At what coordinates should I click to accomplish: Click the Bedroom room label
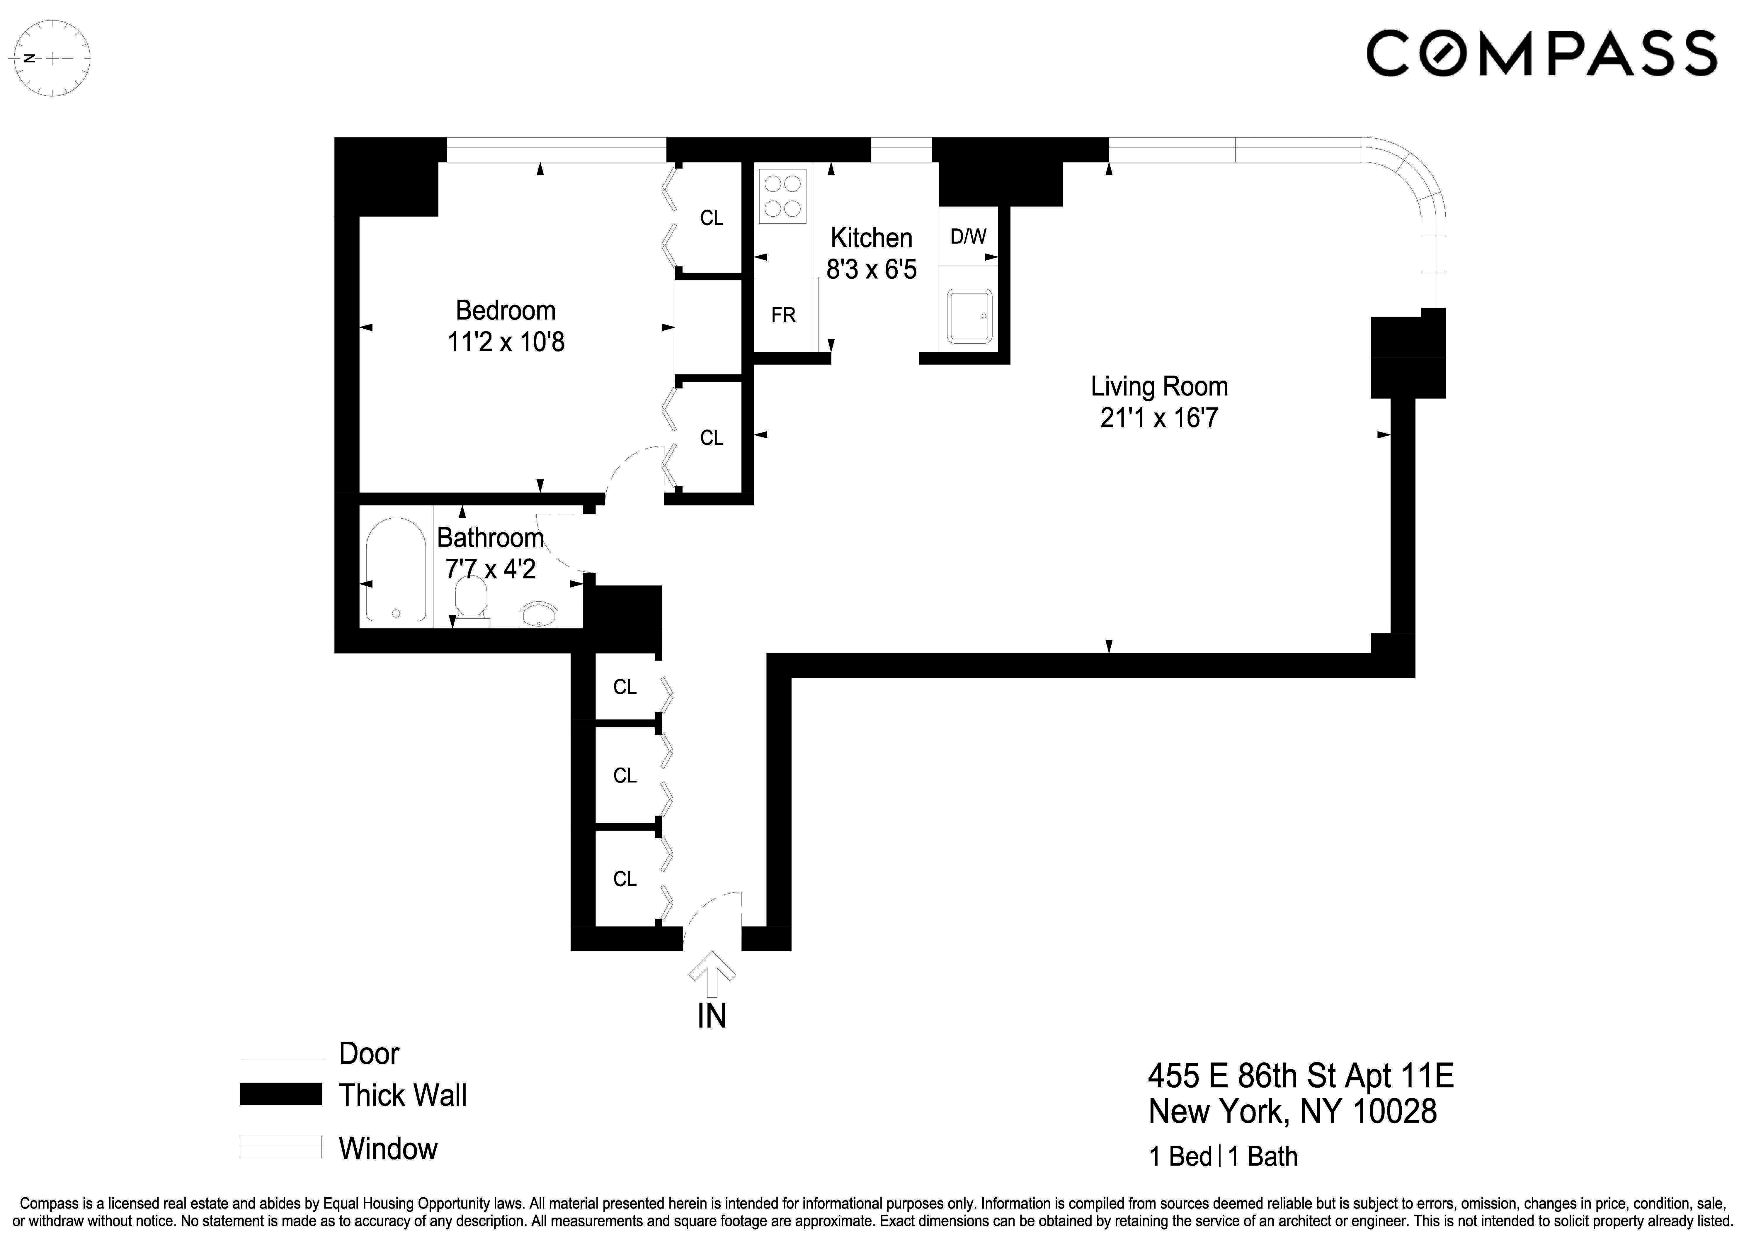pyautogui.click(x=506, y=311)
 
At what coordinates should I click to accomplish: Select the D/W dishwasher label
pyautogui.click(x=968, y=236)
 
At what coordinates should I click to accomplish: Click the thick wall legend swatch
pyautogui.click(x=280, y=1094)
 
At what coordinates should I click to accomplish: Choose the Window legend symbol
pyautogui.click(x=280, y=1147)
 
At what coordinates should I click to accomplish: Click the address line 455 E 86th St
pyautogui.click(x=1300, y=1077)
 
